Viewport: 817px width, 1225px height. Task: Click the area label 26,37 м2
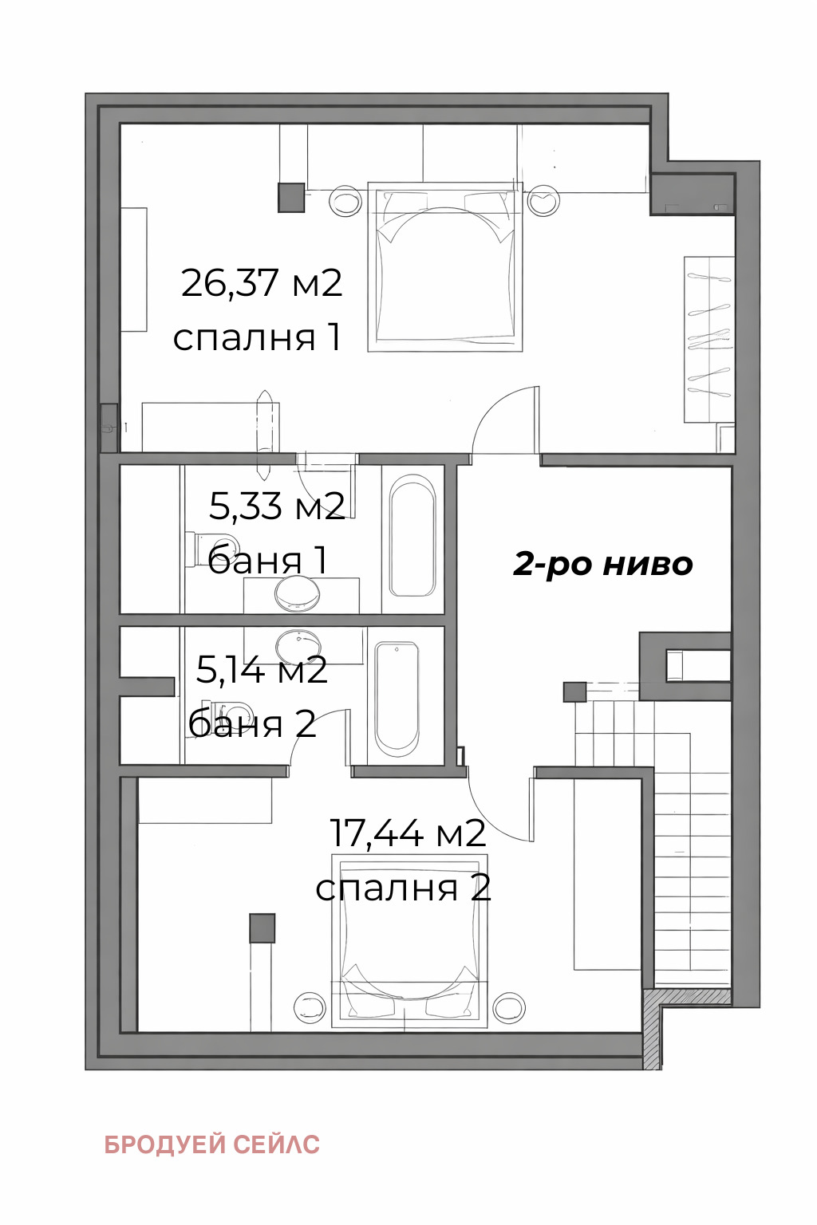pos(262,283)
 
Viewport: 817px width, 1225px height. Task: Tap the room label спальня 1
pos(257,337)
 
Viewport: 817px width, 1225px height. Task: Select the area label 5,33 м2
pos(277,506)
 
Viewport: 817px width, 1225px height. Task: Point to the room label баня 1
pos(267,560)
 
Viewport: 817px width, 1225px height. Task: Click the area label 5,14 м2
pos(262,670)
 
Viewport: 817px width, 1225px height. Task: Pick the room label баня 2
pos(252,724)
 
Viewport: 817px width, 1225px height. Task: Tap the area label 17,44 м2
pos(408,833)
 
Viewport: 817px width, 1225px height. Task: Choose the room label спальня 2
pos(403,888)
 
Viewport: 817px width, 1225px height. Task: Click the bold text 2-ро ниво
pos(602,564)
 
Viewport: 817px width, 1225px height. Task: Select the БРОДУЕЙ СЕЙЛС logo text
pos(212,1144)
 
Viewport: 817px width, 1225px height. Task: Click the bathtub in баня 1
pos(412,536)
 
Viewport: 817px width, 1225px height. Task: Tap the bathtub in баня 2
pos(397,699)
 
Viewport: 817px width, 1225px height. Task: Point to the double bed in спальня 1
pos(445,267)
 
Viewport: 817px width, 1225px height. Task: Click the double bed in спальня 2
pos(409,941)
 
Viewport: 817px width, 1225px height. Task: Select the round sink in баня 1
pos(297,593)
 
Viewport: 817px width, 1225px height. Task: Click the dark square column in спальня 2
pos(262,928)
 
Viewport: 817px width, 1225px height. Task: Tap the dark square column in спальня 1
pos(291,198)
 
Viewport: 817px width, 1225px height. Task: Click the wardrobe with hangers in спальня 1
pos(708,339)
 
